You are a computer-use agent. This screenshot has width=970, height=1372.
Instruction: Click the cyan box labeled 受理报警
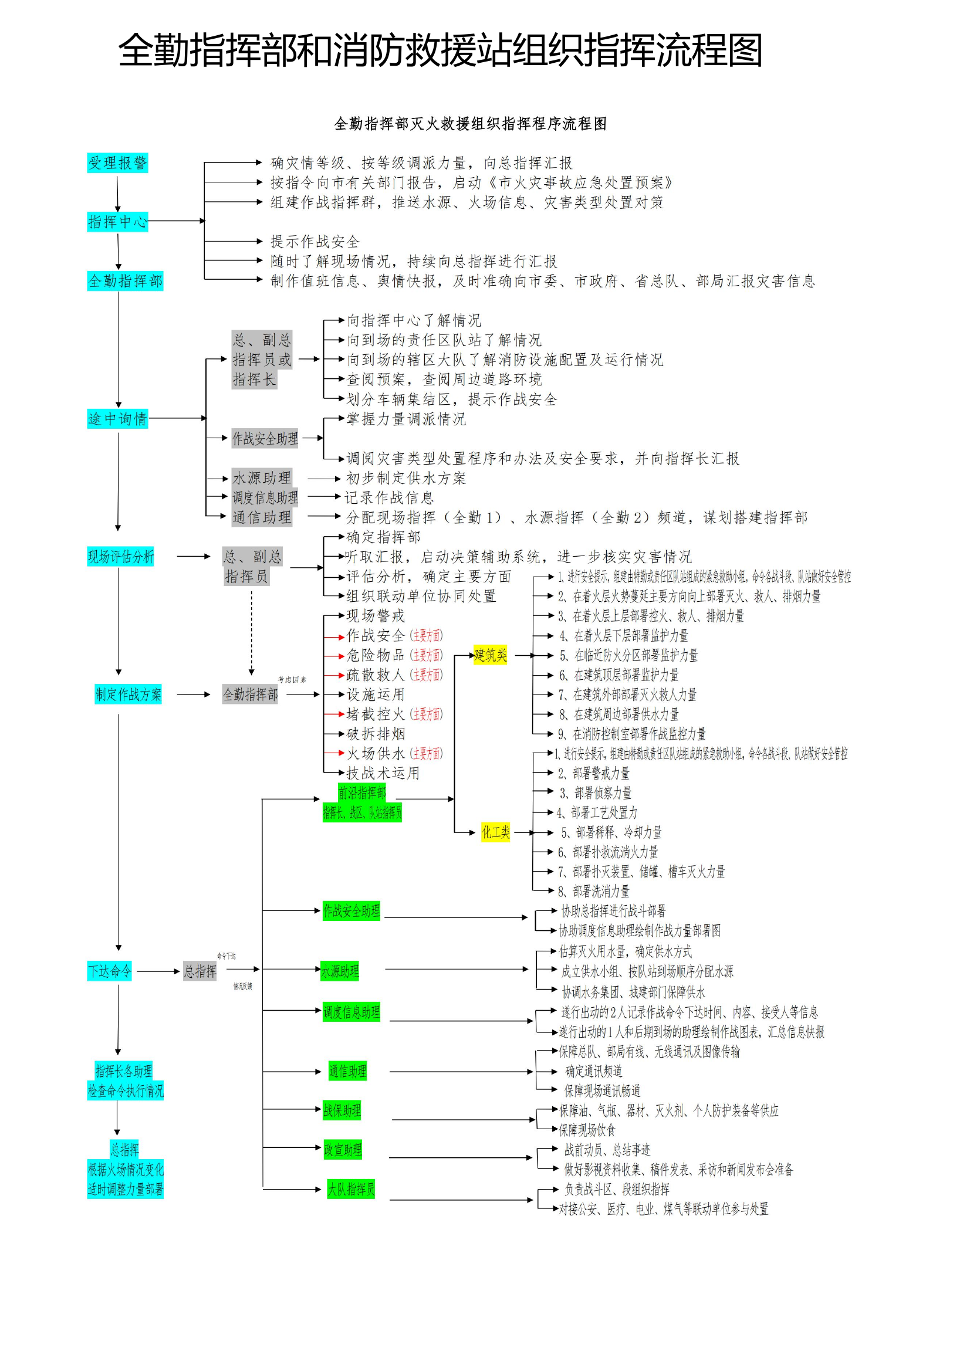[117, 162]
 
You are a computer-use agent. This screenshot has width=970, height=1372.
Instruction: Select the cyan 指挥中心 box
[117, 222]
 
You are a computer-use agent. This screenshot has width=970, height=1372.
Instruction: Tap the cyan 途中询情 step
[117, 418]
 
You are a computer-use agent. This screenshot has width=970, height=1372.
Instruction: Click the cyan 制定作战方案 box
[128, 694]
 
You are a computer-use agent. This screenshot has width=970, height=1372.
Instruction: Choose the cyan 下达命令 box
[109, 971]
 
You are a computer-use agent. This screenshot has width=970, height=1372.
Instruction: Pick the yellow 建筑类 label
[490, 655]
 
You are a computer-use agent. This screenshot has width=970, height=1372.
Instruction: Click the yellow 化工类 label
[495, 832]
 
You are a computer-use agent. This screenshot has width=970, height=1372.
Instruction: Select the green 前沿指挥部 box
[361, 792]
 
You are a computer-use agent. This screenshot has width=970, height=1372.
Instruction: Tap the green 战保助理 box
[342, 1110]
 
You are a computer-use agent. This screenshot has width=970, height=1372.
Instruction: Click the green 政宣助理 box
[343, 1150]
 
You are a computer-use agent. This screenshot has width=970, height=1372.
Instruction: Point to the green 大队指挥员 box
[350, 1189]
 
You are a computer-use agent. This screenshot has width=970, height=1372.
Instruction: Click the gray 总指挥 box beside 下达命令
[200, 971]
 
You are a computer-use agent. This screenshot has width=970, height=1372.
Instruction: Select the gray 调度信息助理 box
[265, 497]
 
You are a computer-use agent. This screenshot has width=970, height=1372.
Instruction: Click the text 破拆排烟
[376, 734]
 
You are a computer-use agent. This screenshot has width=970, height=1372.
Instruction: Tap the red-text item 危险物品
[376, 655]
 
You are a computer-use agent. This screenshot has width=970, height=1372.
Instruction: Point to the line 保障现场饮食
[586, 1130]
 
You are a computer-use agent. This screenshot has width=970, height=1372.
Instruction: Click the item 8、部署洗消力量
[593, 891]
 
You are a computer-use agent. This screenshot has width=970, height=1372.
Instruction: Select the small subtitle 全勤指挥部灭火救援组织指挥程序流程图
[471, 124]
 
